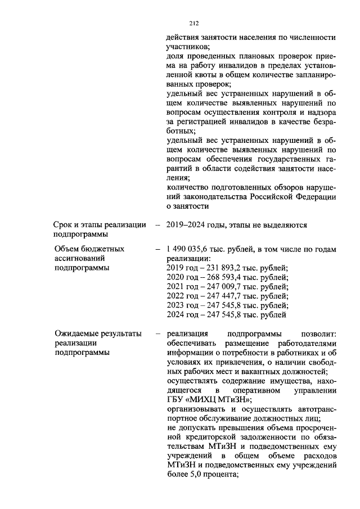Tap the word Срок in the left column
tap(64, 225)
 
